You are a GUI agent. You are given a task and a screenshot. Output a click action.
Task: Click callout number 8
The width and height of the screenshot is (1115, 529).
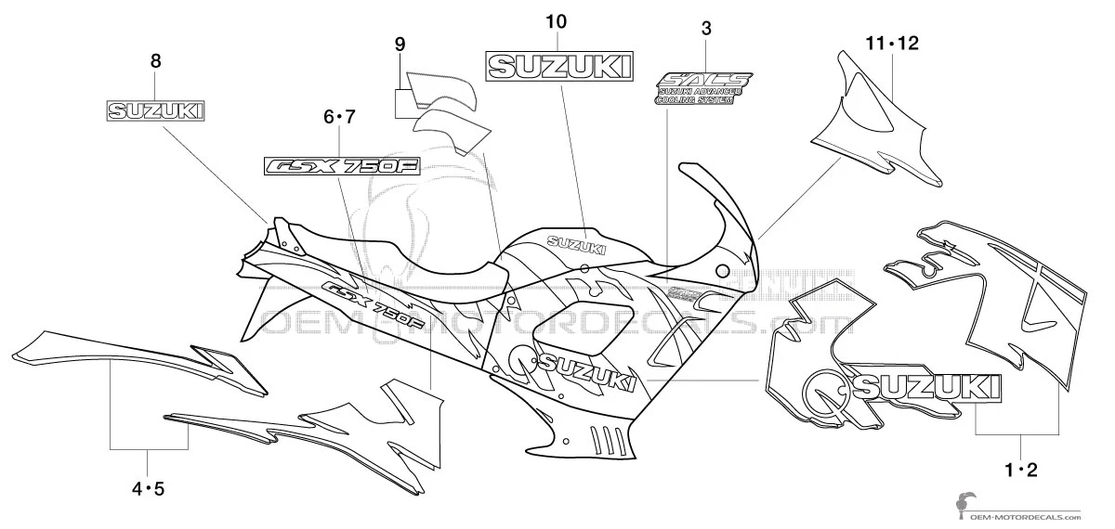click(x=155, y=62)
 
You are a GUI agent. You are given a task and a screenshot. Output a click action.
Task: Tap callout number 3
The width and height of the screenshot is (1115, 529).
click(x=706, y=29)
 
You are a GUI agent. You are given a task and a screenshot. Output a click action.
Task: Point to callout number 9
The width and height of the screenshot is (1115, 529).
click(x=400, y=44)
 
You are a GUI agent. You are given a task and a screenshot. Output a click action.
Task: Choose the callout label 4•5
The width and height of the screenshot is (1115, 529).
click(x=149, y=486)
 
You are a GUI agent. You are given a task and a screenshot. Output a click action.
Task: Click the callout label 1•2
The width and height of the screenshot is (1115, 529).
click(x=1019, y=472)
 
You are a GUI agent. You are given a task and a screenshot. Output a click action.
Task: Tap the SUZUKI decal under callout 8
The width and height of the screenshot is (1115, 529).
click(x=155, y=111)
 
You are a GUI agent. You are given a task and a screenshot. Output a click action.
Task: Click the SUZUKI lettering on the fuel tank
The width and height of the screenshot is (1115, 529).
click(x=576, y=245)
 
